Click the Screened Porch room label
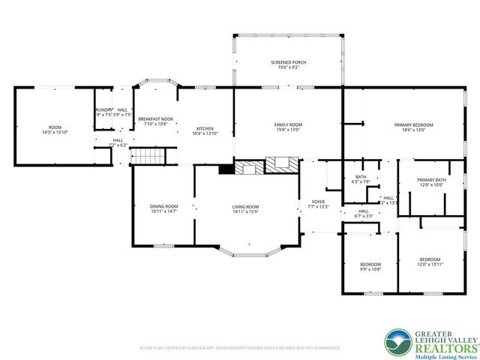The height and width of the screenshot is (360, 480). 288,61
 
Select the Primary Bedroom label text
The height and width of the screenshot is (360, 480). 414,124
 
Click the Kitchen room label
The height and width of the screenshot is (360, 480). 205,127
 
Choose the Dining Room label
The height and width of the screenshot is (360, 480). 163,206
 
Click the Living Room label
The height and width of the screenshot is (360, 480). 244,206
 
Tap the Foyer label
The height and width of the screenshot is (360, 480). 318,202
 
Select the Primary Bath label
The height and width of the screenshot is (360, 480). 431,180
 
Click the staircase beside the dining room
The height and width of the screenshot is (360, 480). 146,157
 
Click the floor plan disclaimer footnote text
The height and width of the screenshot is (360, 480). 240,348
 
